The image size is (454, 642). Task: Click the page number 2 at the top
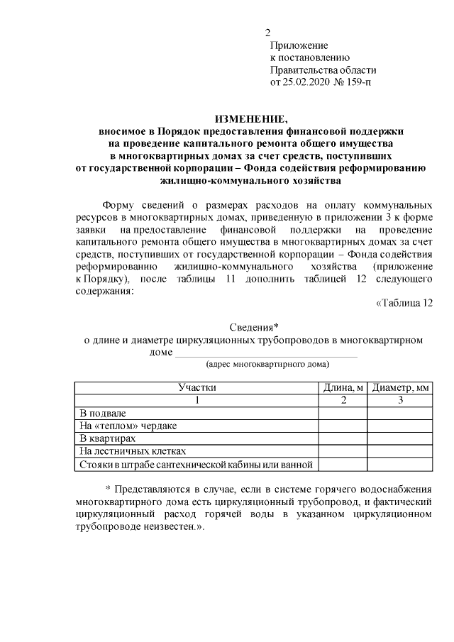(x=267, y=33)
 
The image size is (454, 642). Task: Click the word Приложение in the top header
(x=298, y=45)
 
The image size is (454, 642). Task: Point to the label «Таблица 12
(x=403, y=304)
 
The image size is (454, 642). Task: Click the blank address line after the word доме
(x=266, y=353)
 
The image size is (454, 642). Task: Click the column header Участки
(x=196, y=387)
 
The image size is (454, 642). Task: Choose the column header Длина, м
(x=343, y=387)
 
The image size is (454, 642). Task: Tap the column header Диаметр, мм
(x=401, y=387)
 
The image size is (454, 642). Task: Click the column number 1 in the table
(x=196, y=400)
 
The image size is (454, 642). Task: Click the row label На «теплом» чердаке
(x=128, y=426)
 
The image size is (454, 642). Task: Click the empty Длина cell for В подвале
(x=343, y=413)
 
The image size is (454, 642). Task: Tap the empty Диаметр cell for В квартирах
(x=401, y=438)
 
